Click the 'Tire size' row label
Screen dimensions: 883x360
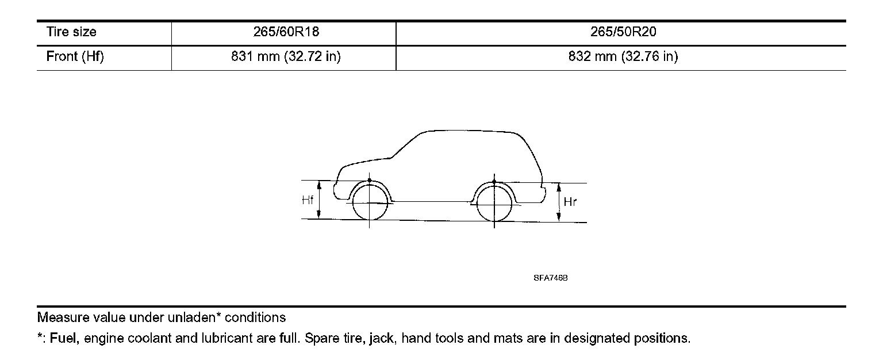71,33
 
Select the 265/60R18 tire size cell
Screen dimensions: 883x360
283,33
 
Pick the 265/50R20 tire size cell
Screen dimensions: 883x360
620,33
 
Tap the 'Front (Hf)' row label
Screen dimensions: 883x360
75,57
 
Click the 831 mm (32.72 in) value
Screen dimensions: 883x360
283,57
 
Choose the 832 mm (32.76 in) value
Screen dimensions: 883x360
620,57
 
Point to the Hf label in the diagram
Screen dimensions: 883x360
308,201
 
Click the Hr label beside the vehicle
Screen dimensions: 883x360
570,202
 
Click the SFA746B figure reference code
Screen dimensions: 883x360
550,278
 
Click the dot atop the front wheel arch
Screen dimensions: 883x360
369,181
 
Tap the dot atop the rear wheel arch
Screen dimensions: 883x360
494,182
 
